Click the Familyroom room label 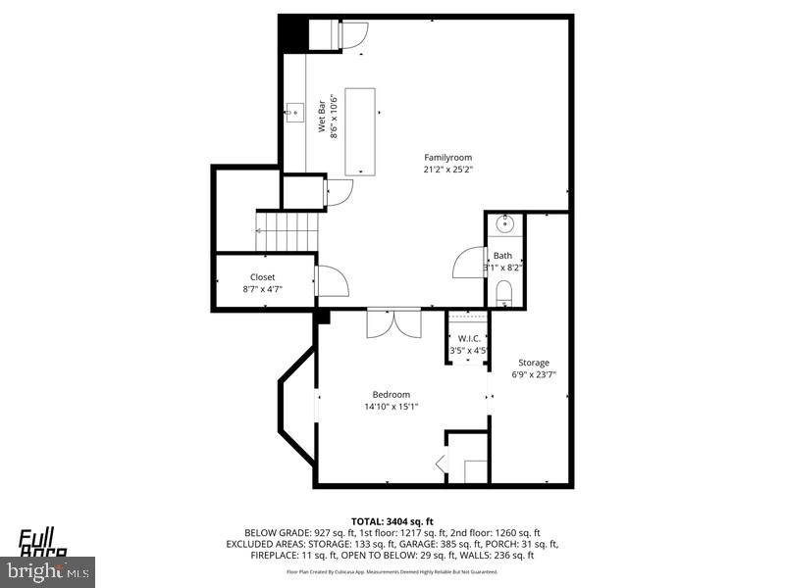pos(447,157)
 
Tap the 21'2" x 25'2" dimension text pos(447,169)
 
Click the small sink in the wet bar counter pos(293,109)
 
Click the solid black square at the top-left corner pos(292,36)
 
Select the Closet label pos(262,277)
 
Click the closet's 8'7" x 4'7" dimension pos(262,289)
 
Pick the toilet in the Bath pos(504,292)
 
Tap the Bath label pos(502,256)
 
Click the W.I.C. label pos(468,339)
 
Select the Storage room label pos(534,363)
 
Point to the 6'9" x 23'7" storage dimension pos(534,374)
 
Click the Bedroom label pos(391,394)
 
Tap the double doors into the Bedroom pos(393,323)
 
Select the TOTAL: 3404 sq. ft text pos(392,520)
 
